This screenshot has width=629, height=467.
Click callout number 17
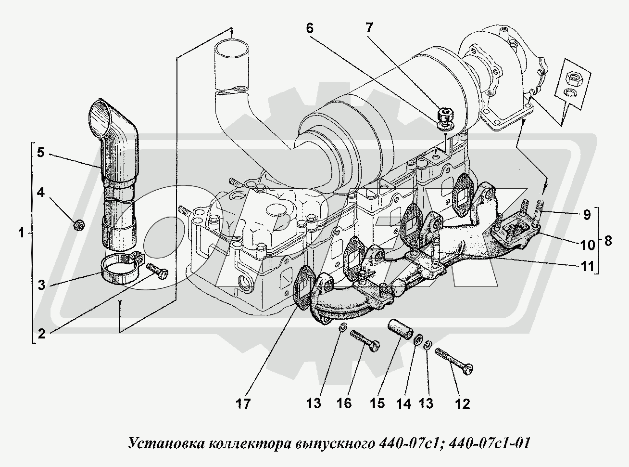pos(244,403)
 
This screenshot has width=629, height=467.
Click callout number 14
pos(404,403)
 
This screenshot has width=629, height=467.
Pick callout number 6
pos(309,28)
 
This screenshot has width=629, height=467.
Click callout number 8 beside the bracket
pos(607,241)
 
